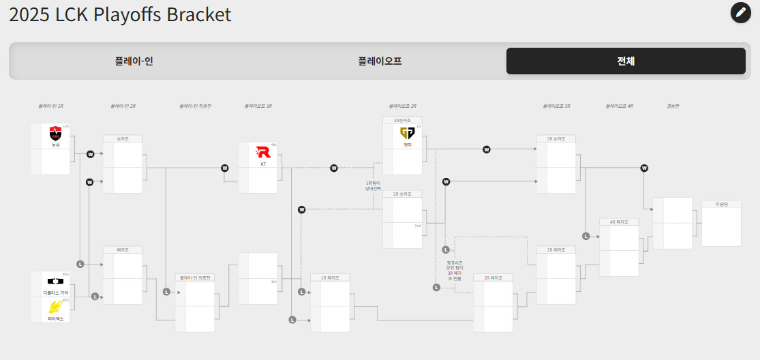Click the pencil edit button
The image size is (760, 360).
[741, 12]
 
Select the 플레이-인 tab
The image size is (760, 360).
[134, 61]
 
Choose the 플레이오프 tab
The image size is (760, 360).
[380, 61]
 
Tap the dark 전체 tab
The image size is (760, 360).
[626, 61]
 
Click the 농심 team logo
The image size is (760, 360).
[56, 133]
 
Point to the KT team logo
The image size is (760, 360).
[263, 152]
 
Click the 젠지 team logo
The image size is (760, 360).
[408, 132]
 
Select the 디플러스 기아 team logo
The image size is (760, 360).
[55, 281]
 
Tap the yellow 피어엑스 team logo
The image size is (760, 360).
[56, 307]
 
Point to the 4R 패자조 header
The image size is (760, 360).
[619, 222]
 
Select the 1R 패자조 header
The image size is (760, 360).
[330, 277]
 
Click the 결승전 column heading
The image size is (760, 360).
[673, 106]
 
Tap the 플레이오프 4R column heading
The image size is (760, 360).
[620, 106]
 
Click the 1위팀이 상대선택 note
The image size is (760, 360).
[373, 185]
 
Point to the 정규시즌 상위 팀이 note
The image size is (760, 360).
[455, 271]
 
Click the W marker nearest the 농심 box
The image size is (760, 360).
[90, 154]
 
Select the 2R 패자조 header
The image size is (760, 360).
[493, 277]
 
